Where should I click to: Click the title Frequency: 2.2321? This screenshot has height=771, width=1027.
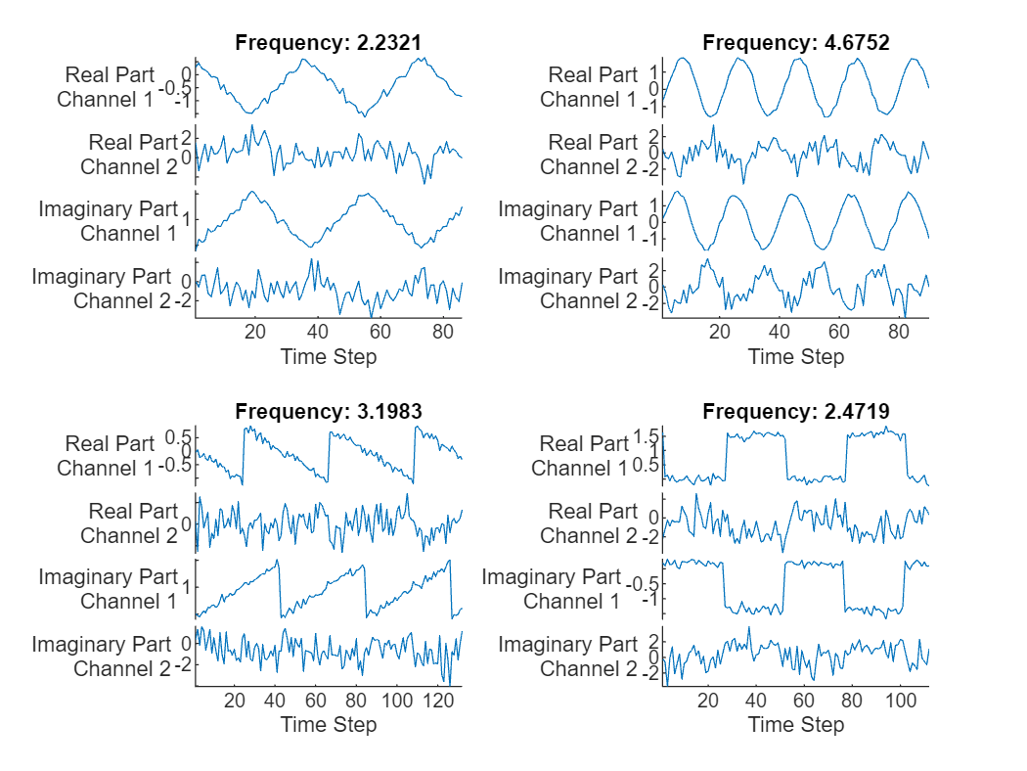pyautogui.click(x=329, y=42)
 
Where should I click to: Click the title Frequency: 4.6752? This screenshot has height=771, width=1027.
pyautogui.click(x=796, y=42)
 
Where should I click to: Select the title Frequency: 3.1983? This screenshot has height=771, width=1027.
pyautogui.click(x=329, y=411)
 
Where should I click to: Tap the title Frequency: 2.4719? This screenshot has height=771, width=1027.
pyautogui.click(x=796, y=411)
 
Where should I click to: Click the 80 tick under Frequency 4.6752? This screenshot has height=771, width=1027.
pyautogui.click(x=898, y=331)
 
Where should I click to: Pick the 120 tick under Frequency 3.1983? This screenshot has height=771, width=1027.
pyautogui.click(x=439, y=700)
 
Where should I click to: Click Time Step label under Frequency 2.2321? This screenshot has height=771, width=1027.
pyautogui.click(x=329, y=356)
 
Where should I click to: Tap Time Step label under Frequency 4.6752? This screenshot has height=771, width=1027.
pyautogui.click(x=796, y=356)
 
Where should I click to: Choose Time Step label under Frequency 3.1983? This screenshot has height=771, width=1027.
pyautogui.click(x=329, y=725)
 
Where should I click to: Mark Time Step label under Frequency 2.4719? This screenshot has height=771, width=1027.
pyautogui.click(x=796, y=725)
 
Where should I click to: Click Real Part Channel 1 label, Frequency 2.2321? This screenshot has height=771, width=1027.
pyautogui.click(x=106, y=87)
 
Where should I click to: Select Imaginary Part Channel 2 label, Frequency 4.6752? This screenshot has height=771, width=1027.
pyautogui.click(x=568, y=289)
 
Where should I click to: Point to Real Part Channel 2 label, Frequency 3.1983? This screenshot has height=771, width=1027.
pyautogui.click(x=129, y=523)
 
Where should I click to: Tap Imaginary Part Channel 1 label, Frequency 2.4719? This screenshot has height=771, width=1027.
pyautogui.click(x=552, y=589)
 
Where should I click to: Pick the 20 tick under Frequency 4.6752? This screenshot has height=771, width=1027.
pyautogui.click(x=720, y=331)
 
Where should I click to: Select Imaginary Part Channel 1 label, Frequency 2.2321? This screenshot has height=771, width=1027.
pyautogui.click(x=108, y=221)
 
